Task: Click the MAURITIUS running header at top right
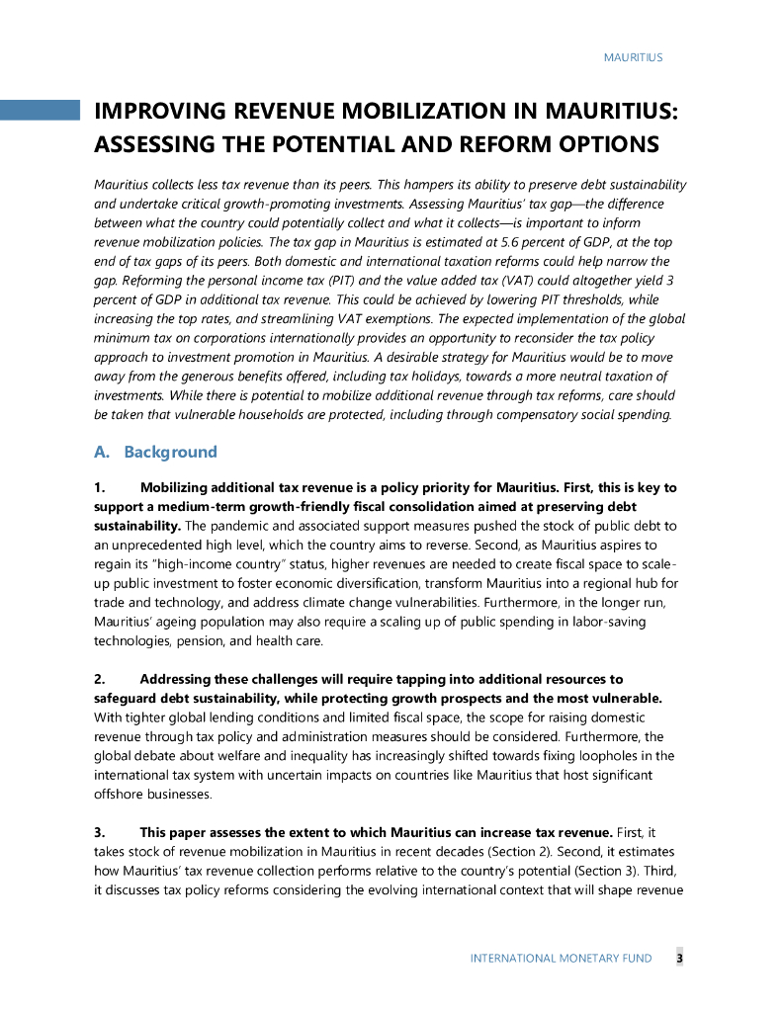pyautogui.click(x=633, y=57)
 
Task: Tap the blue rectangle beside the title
pyautogui.click(x=40, y=110)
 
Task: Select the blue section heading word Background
pyautogui.click(x=170, y=453)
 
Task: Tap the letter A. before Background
pyautogui.click(x=101, y=453)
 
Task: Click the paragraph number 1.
pyautogui.click(x=100, y=488)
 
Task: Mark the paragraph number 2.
pyautogui.click(x=100, y=679)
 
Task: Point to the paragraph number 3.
pyautogui.click(x=100, y=831)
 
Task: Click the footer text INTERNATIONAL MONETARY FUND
pyautogui.click(x=561, y=959)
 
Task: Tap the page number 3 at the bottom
pyautogui.click(x=679, y=958)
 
